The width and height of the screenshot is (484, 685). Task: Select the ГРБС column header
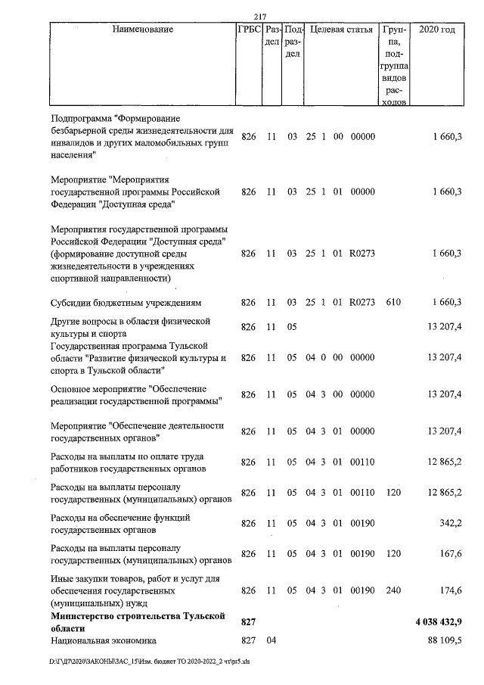(x=250, y=30)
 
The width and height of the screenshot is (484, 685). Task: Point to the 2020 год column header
(x=436, y=30)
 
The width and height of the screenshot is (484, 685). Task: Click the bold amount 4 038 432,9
(x=439, y=621)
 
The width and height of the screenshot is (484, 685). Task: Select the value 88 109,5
(x=446, y=640)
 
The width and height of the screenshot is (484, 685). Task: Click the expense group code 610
(x=393, y=303)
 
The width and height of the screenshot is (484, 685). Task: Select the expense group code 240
(x=393, y=589)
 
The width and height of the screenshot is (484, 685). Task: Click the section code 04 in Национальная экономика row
(x=271, y=640)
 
